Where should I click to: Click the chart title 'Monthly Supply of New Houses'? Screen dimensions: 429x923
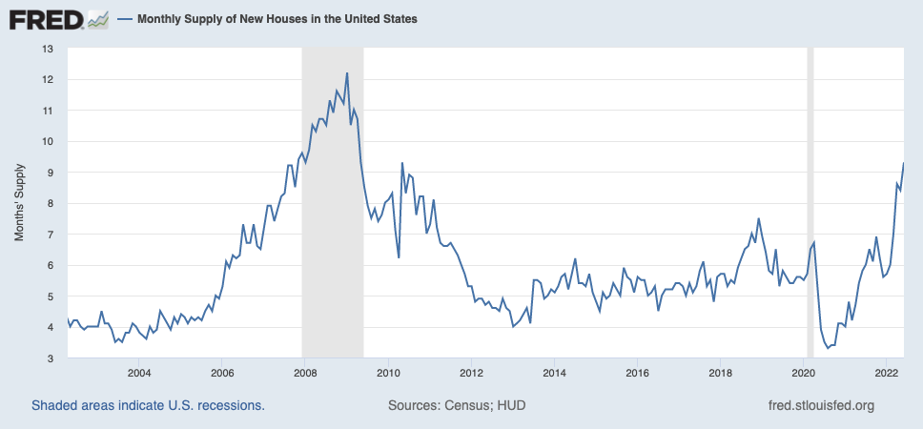coord(277,18)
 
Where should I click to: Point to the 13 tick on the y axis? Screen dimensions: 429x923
coord(48,49)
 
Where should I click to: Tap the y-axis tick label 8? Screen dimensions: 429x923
coord(51,203)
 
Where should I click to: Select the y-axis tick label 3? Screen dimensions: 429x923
coord(51,358)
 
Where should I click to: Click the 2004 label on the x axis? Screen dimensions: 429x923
coord(139,373)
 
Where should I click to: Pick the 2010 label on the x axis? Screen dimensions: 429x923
coord(388,373)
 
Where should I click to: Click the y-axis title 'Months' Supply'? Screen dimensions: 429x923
coord(19,203)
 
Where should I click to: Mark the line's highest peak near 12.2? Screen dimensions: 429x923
coord(347,73)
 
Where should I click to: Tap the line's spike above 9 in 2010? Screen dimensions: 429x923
coord(402,163)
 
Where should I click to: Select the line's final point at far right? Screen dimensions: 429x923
coord(903,163)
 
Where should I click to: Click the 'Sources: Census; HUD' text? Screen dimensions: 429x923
coord(457,405)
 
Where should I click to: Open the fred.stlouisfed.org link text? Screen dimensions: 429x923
coord(821,405)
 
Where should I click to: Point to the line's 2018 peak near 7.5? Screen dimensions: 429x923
coord(759,218)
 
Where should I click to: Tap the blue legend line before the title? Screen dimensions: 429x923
coord(125,18)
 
